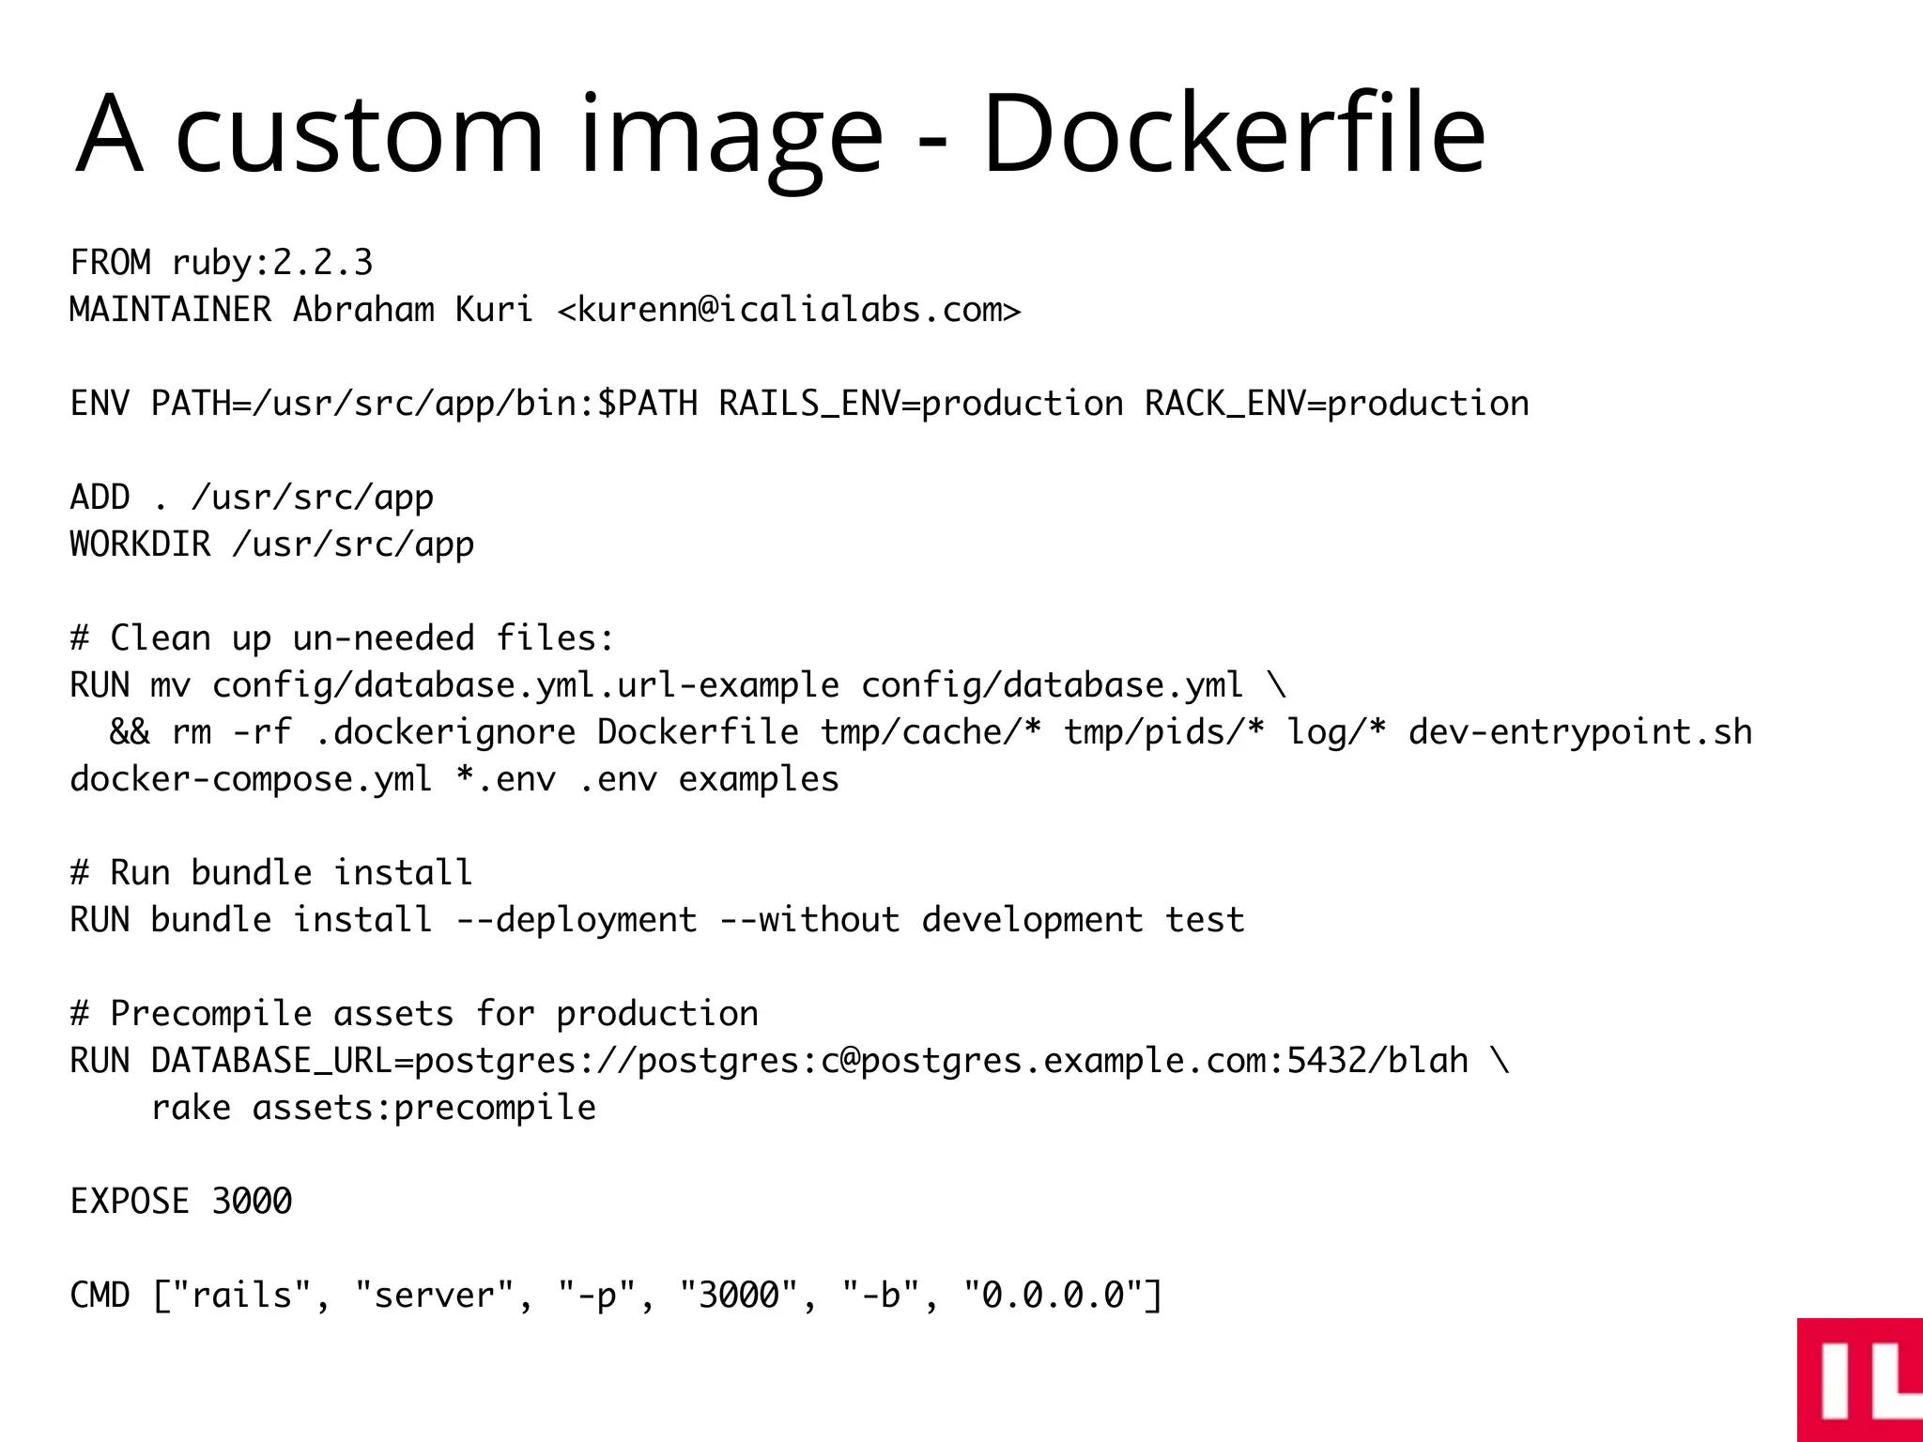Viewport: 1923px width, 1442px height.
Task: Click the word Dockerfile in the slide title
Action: click(x=1232, y=133)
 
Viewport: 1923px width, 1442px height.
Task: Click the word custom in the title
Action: click(x=359, y=133)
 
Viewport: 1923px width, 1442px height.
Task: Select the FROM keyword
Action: click(x=110, y=263)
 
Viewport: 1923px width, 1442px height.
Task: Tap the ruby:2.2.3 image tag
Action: click(x=272, y=263)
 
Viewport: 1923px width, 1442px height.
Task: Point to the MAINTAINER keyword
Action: click(x=170, y=310)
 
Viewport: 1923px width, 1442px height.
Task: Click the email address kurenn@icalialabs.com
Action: click(x=789, y=310)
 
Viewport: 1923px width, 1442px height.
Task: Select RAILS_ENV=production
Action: click(x=920, y=404)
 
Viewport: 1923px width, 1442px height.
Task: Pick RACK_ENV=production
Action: click(x=1336, y=404)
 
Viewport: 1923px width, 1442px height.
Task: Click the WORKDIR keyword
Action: click(x=140, y=545)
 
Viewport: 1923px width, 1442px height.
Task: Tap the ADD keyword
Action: click(x=100, y=498)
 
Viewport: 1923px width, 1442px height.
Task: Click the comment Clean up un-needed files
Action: click(x=343, y=638)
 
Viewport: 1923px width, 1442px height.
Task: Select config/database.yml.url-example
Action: click(x=526, y=685)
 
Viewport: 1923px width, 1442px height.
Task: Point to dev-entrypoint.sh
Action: click(x=1579, y=732)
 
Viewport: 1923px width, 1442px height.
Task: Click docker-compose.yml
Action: click(x=251, y=779)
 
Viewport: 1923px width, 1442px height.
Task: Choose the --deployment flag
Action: click(x=577, y=920)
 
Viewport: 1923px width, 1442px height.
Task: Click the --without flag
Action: click(x=809, y=920)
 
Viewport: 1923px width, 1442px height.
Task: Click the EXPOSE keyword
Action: click(x=130, y=1202)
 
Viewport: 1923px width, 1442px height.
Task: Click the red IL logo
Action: click(x=1859, y=1379)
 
